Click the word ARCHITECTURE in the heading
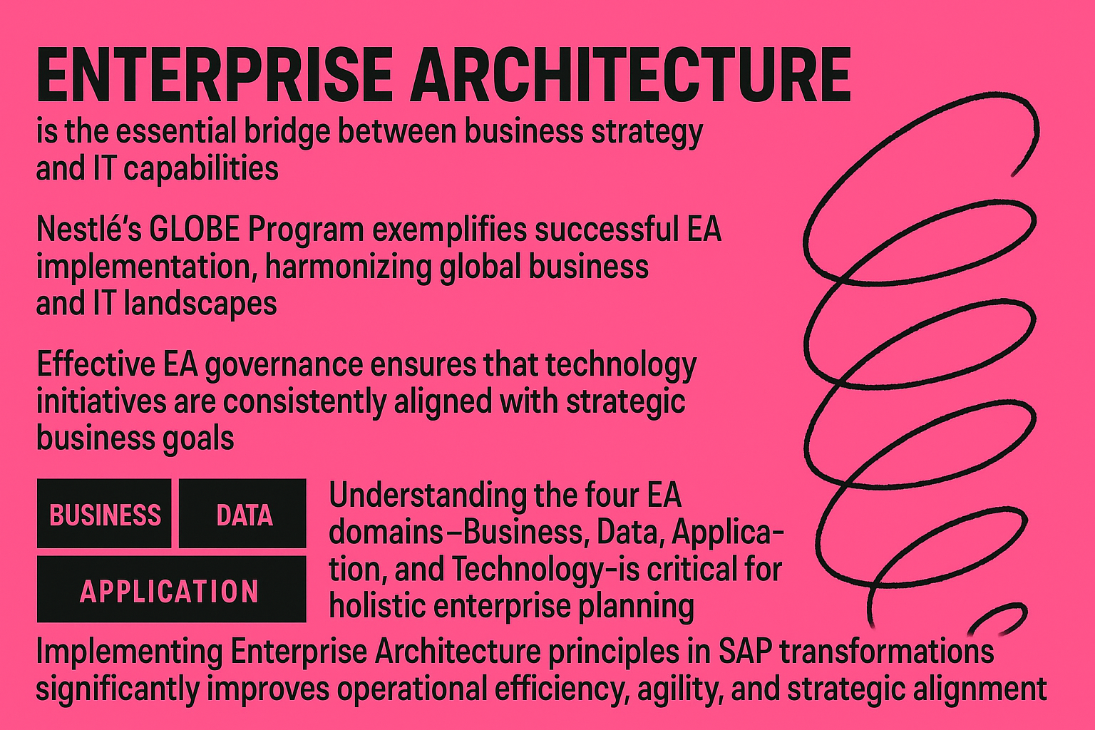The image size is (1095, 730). pos(630,76)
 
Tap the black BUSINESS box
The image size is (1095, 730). pos(104,513)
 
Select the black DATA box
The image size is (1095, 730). pos(242,513)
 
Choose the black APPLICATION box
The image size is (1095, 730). pos(172,589)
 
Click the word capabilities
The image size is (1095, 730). pos(201,169)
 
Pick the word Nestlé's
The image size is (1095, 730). pos(88,229)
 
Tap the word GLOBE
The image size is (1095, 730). pos(194,229)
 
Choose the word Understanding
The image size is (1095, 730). pos(427,495)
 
